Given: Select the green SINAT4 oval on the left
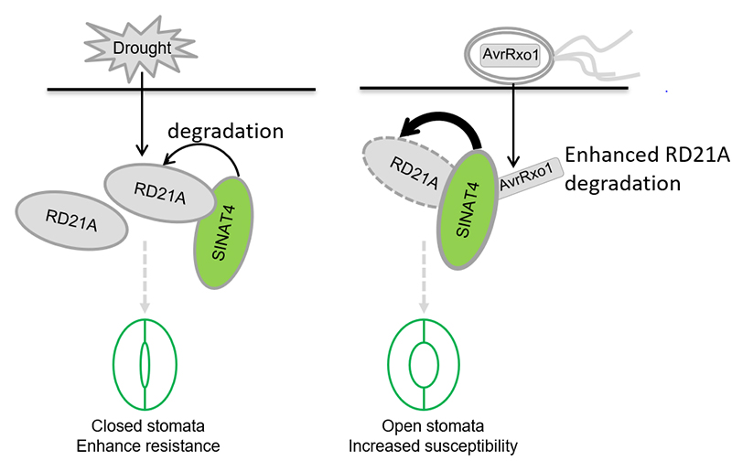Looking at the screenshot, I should point(224,232).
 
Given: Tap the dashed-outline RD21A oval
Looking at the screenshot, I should point(403,172).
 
